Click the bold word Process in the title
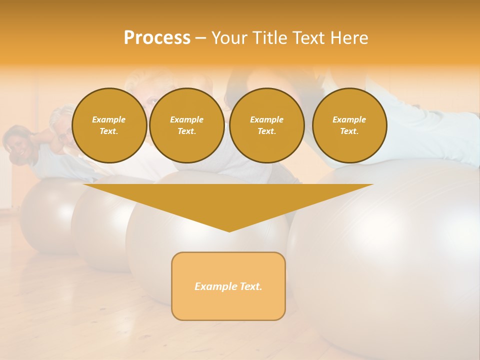tap(157, 38)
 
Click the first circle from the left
tap(109, 125)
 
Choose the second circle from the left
tap(186, 125)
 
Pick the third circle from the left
tap(266, 125)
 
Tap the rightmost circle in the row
tap(349, 125)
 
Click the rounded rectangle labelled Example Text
tap(228, 286)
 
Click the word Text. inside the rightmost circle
tap(349, 131)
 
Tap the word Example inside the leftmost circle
tap(109, 120)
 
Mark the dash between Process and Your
tap(200, 38)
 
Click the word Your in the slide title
tap(229, 38)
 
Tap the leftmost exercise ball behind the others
tap(45, 215)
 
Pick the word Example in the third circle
tap(266, 120)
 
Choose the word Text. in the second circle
tap(186, 131)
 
